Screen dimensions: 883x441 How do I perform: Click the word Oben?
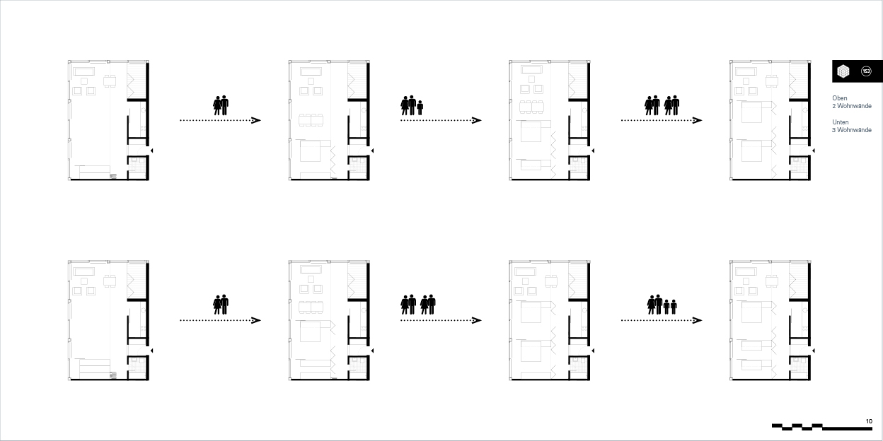tap(840, 98)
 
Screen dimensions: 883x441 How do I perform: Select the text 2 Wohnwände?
tap(852, 106)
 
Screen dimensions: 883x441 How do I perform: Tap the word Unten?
tap(841, 122)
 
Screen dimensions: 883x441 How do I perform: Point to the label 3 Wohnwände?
tap(852, 130)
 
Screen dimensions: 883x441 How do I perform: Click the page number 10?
tap(869, 421)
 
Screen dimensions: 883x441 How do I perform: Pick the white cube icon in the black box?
tap(843, 71)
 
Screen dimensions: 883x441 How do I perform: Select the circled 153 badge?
tap(866, 71)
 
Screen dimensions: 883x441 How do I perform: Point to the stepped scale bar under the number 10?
tap(822, 427)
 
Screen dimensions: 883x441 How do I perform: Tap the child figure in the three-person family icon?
tap(420, 107)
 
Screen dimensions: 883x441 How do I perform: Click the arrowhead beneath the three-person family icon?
tap(477, 120)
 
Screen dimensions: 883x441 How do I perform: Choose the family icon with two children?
tap(662, 305)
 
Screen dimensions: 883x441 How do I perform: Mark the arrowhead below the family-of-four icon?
tap(698, 320)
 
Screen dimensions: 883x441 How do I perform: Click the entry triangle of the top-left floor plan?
tap(151, 151)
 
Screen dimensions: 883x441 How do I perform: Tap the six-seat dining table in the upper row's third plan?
tap(532, 107)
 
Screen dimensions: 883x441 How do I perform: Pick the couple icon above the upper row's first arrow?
tap(221, 105)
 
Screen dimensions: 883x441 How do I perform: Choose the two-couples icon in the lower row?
tap(418, 305)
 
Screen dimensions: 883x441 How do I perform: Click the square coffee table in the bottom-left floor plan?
tap(84, 281)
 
